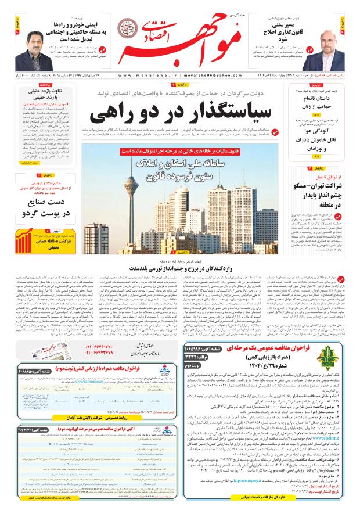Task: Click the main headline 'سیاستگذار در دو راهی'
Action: pos(183,111)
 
